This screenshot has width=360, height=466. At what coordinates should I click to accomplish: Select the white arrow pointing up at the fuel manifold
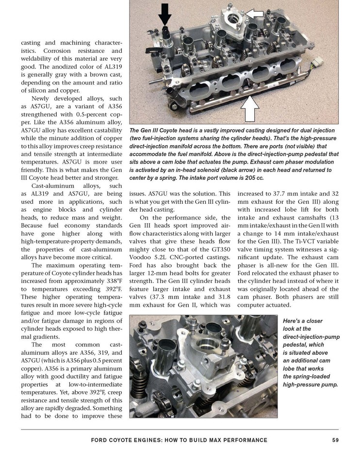click(x=250, y=110)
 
